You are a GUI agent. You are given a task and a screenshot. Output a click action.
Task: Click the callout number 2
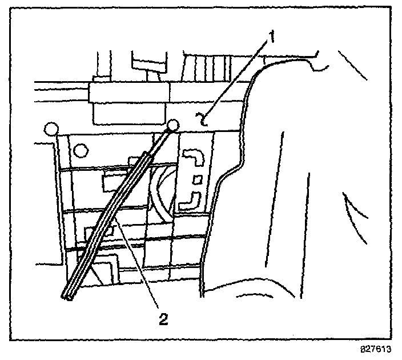[164, 319]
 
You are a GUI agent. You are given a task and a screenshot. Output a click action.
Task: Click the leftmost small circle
[51, 129]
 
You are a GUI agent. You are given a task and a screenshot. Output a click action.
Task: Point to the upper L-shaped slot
[191, 158]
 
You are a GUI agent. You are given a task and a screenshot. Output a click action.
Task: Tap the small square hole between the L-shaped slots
[197, 180]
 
